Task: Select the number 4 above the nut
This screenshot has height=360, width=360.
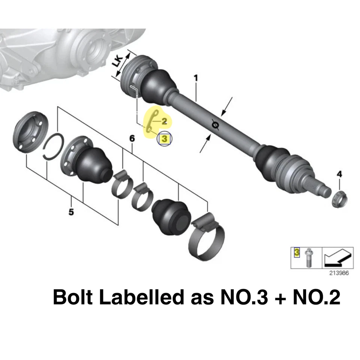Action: point(339,174)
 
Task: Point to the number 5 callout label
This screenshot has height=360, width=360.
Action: point(71,212)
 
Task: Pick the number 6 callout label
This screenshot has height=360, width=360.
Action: point(132,139)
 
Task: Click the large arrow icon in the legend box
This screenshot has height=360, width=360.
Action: point(337,257)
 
